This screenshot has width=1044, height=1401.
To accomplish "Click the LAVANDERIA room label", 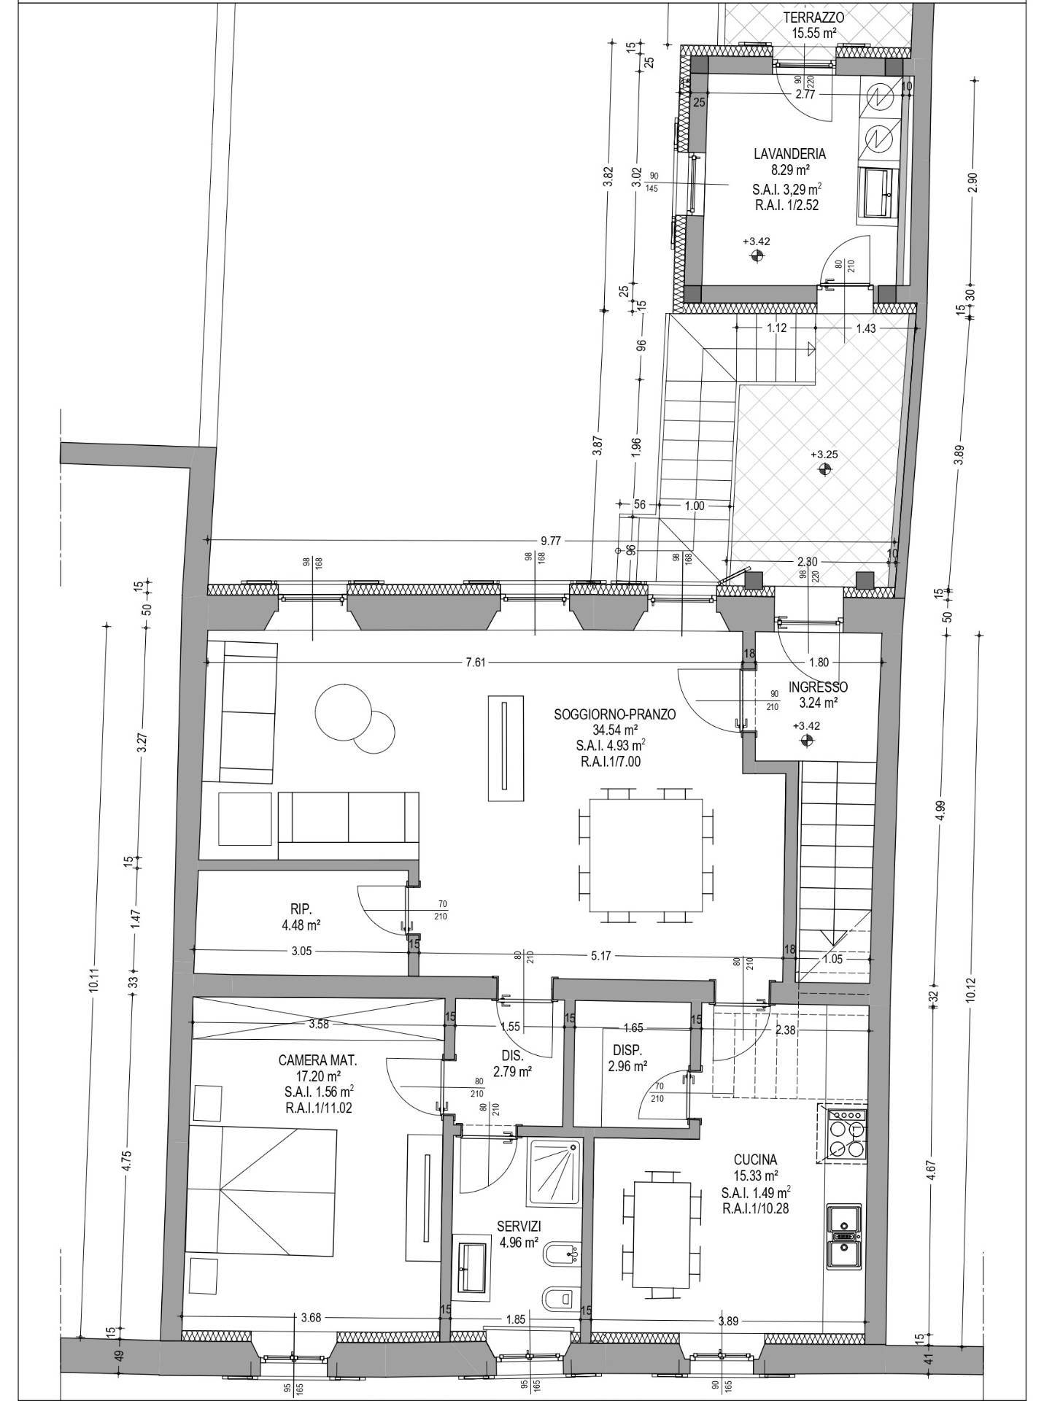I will [x=779, y=154].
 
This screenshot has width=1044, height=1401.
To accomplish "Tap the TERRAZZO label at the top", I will [x=814, y=18].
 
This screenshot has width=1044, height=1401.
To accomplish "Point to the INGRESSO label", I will [x=818, y=687].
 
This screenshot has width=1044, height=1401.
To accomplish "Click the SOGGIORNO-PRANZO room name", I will [x=615, y=714].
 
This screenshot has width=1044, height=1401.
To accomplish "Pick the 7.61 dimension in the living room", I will [x=475, y=663].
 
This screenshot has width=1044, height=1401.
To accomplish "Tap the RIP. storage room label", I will [x=301, y=909].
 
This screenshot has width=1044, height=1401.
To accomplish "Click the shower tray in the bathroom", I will [x=554, y=1173].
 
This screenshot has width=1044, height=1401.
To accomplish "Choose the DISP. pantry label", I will [x=627, y=1051].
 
